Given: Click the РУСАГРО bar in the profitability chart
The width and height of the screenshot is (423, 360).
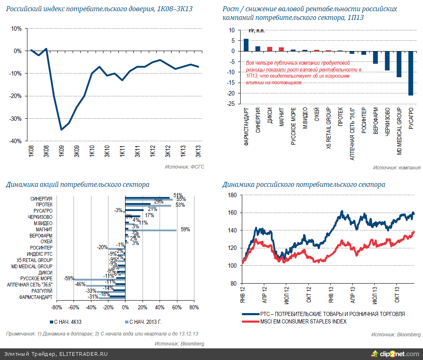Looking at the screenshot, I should [411, 73].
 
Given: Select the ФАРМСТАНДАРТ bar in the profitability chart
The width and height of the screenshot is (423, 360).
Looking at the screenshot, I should [246, 45].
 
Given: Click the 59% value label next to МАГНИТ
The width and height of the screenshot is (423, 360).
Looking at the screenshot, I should [185, 229].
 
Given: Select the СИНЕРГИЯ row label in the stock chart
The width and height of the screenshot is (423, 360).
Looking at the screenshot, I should [41, 198].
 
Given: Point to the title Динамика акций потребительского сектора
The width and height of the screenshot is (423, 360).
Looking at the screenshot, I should [78, 185].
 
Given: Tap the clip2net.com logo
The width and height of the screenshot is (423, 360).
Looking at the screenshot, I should [395, 354].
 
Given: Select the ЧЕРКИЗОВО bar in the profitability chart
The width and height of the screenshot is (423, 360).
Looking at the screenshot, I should [387, 61].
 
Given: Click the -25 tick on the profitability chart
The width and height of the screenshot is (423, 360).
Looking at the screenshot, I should [229, 104].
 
